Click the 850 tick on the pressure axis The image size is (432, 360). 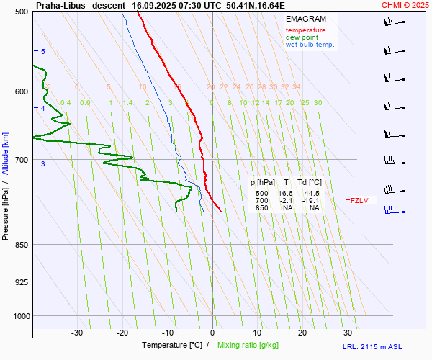22,245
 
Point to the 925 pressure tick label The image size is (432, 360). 22,282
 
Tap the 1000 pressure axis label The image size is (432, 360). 20,315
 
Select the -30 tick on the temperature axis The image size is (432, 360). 77,333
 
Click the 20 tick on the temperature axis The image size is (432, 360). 302,333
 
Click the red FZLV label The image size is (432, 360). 359,201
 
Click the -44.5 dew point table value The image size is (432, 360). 311,194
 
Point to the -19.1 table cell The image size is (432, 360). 311,201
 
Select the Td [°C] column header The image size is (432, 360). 311,183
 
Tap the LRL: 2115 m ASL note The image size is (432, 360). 385,347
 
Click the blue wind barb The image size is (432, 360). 392,210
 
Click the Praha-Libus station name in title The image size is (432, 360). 60,5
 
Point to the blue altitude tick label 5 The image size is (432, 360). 43,52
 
